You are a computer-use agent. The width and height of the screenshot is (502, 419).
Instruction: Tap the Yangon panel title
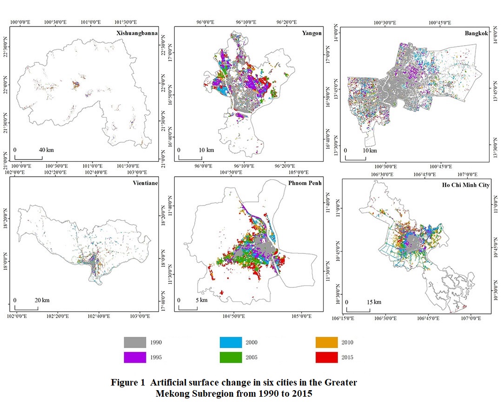pos(311,33)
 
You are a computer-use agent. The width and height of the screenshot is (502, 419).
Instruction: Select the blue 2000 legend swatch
pos(231,343)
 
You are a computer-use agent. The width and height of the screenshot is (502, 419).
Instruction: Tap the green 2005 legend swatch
pos(231,357)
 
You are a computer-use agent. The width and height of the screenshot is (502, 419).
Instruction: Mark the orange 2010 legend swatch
pos(327,343)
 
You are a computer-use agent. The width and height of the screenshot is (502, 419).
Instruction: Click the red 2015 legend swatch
pos(327,357)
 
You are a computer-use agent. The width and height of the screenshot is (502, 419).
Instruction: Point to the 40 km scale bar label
pos(46,150)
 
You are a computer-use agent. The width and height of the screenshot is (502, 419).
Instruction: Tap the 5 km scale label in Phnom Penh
pos(201,300)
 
